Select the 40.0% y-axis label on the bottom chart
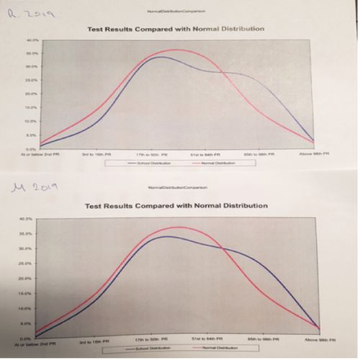click(27, 218)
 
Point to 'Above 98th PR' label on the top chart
click(314, 153)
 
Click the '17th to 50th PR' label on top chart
click(152, 154)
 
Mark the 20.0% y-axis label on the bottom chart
click(27, 278)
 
